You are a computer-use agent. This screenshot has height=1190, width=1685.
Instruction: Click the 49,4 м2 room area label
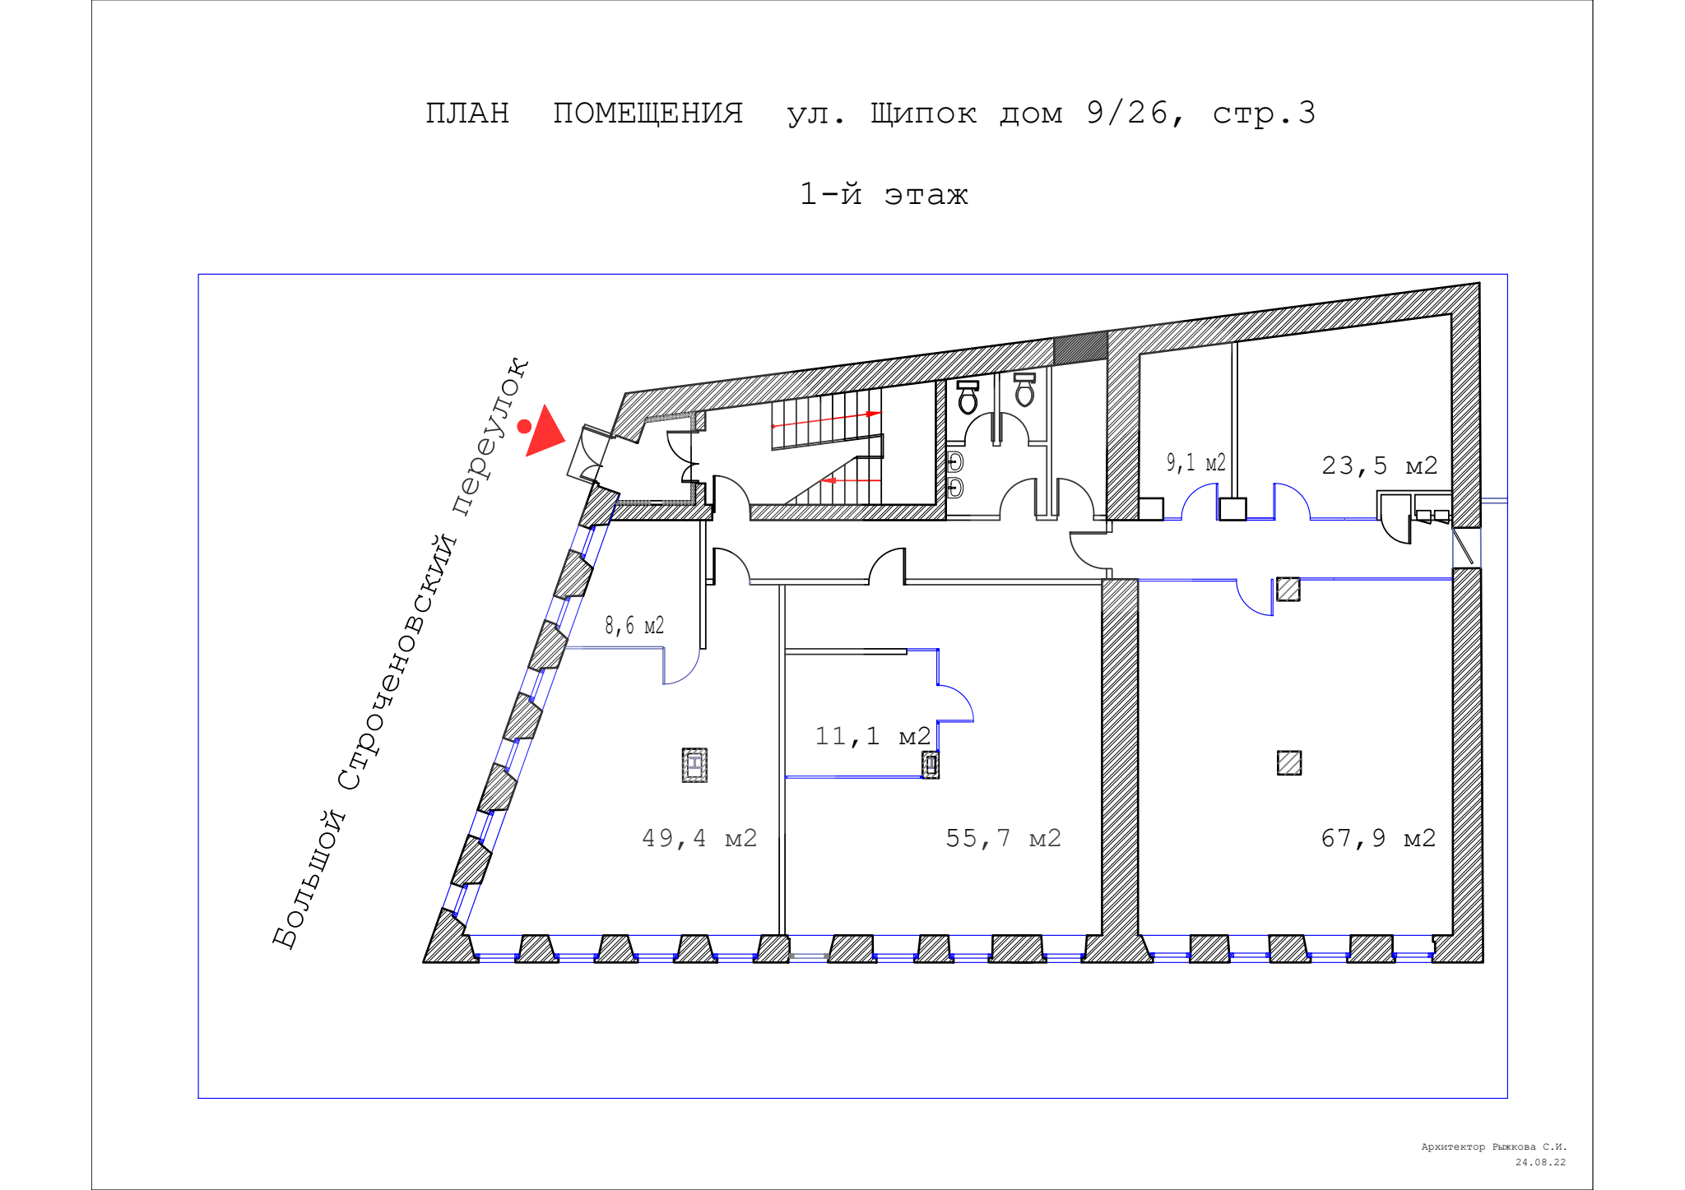699,838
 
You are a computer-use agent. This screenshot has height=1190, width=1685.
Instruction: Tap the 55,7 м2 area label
1003,838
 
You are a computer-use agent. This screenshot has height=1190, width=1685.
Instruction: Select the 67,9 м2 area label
1378,838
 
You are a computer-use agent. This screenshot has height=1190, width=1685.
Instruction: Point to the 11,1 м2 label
872,736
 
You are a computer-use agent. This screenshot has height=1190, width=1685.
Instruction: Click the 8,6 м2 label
634,626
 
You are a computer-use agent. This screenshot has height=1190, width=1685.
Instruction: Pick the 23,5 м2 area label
1380,465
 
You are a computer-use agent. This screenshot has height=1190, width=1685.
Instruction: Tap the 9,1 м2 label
1195,463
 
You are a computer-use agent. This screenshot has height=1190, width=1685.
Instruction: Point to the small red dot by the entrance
523,426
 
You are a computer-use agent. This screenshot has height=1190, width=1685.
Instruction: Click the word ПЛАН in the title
467,113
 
